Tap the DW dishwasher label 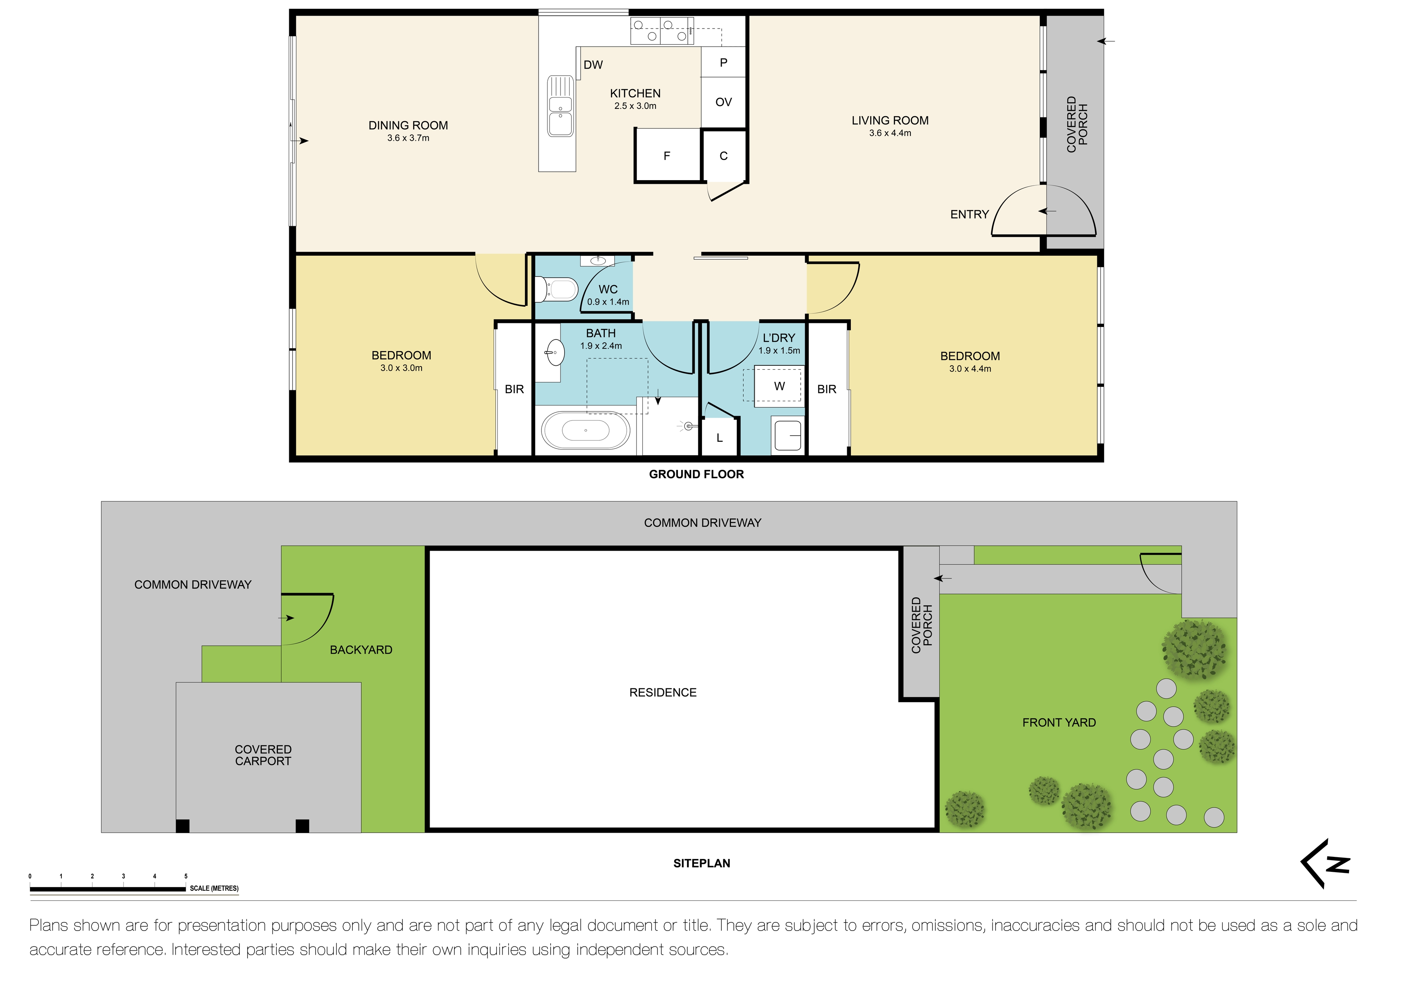click(593, 65)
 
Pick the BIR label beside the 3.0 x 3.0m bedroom click(514, 389)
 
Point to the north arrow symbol click(1326, 864)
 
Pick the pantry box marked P click(724, 62)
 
